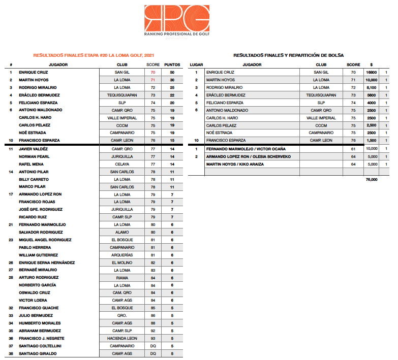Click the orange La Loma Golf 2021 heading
94,55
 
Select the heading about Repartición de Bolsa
288,55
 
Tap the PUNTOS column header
172,65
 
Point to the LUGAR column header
196,65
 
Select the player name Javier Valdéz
33,149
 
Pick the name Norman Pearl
34,156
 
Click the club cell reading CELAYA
122,164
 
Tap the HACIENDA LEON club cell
122,339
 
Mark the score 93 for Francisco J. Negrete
152,339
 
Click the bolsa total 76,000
371,179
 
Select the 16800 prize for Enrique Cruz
371,73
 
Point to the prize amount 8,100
371,88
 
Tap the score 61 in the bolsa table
353,149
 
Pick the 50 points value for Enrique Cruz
172,73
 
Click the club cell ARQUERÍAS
122,255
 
